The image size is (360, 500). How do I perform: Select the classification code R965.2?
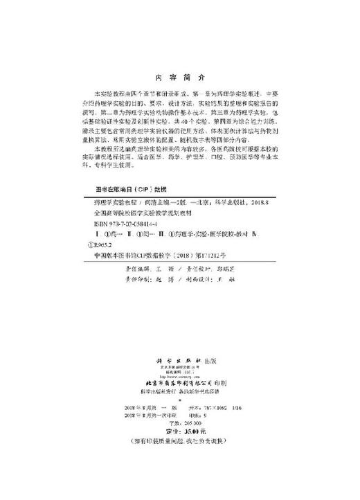coord(98,244)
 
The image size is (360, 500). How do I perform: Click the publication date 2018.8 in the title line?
coord(257,205)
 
